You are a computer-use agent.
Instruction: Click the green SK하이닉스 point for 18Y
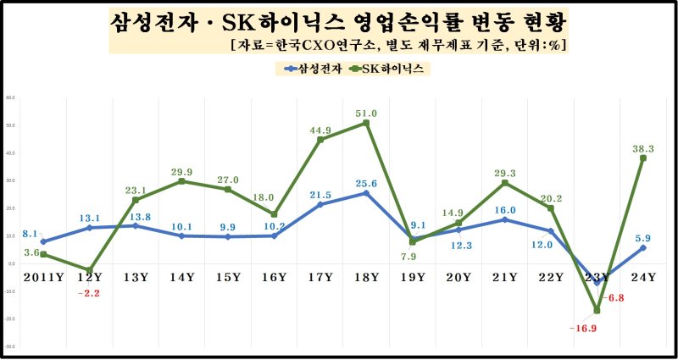coord(366,123)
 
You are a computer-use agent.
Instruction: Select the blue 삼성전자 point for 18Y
coord(366,193)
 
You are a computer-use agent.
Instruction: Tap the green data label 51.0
coord(366,113)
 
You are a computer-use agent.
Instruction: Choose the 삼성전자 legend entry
coord(315,69)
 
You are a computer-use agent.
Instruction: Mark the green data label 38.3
coord(643,147)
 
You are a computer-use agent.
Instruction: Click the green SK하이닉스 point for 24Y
coord(643,158)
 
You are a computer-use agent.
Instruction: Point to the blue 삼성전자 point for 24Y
coord(643,247)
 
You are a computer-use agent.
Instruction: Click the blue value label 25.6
coord(366,183)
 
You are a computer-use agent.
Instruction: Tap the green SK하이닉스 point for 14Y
coord(181,181)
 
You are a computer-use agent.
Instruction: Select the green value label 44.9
coord(320,130)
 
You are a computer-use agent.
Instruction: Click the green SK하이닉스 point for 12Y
coord(89,269)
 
